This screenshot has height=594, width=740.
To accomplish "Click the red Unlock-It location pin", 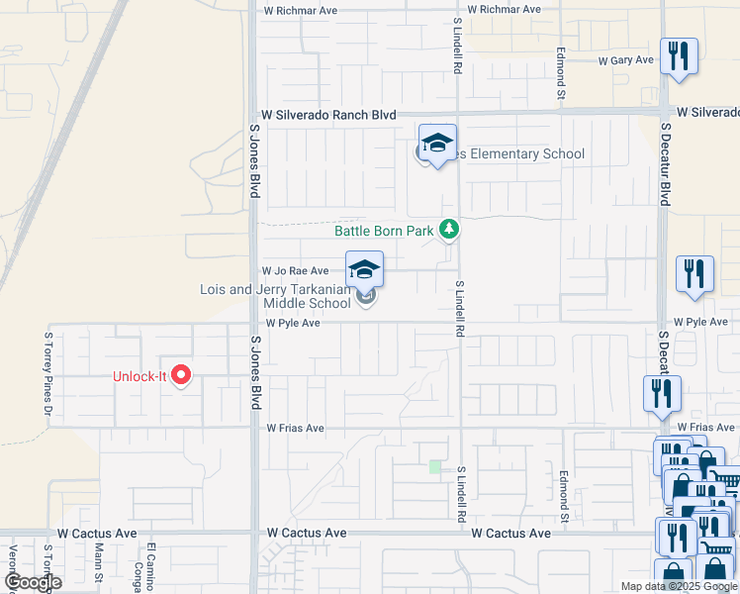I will pos(181,374).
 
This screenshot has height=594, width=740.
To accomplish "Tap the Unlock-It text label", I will pos(140,376).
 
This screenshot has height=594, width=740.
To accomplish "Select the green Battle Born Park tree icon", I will pos(450,230).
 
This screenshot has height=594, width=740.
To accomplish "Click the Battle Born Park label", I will pos(384,231).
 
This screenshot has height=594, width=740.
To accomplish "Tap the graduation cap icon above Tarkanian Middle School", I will pos(364,269).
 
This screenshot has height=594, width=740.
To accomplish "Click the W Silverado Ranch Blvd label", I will pos(328,115).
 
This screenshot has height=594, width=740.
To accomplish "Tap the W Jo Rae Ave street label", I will pos(295,270).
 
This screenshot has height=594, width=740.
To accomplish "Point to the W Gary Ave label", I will pos(626,60).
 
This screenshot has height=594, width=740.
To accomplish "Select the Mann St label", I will pos(100,566).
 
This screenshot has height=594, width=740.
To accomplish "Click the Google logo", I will pos(32,583).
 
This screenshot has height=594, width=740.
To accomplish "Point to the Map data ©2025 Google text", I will pos(677,586).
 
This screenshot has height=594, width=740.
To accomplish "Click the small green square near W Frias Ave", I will pos(434,466).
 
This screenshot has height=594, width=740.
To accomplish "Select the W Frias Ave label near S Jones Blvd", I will pos(295,429).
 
